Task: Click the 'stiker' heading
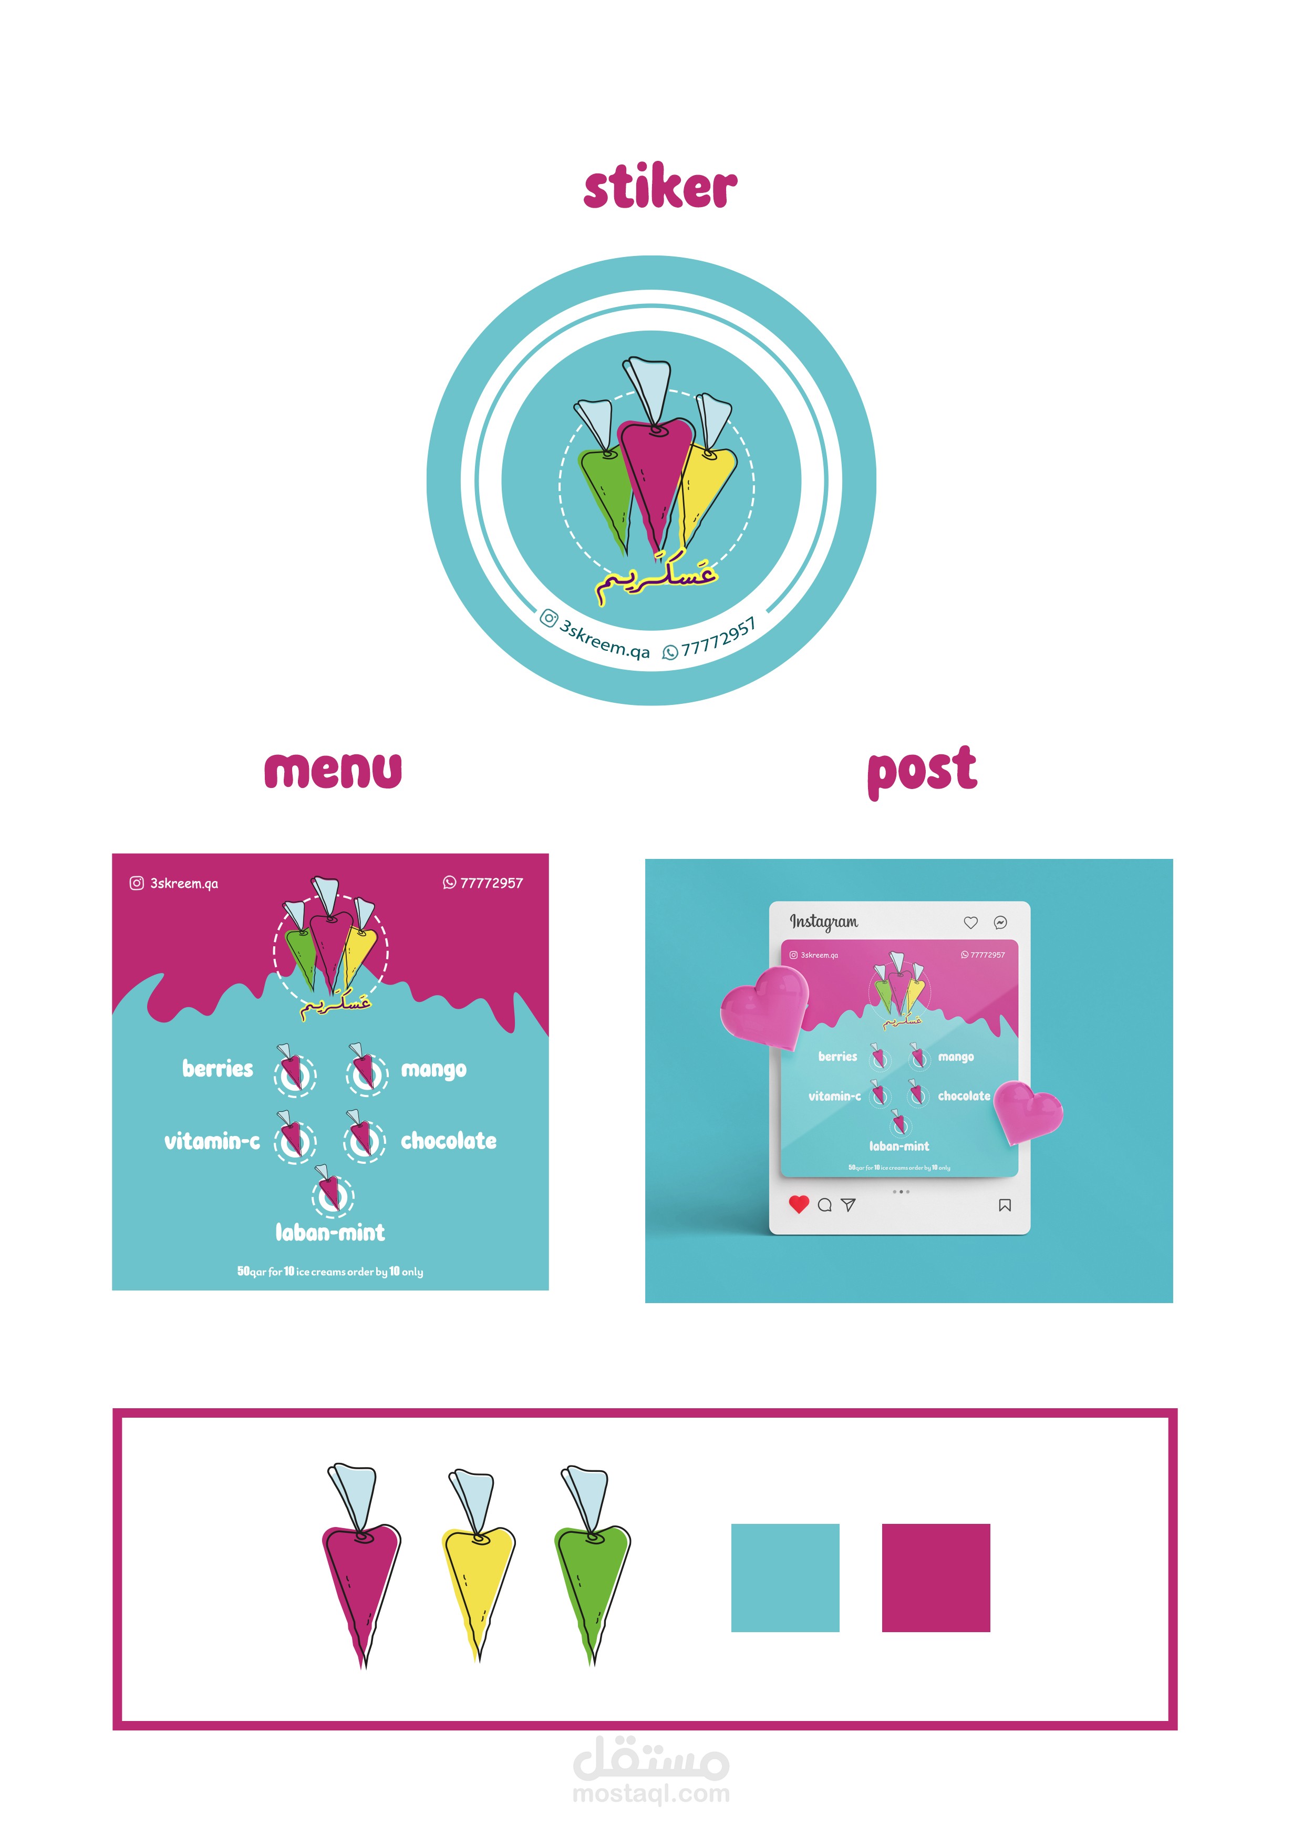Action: [659, 188]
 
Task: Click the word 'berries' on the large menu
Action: [218, 1069]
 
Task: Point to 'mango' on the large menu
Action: [433, 1070]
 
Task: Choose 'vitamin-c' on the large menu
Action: [212, 1141]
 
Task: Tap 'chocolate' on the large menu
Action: [448, 1141]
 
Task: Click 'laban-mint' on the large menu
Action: [330, 1233]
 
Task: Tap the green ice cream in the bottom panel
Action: [593, 1574]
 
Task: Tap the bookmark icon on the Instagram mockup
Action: [1005, 1205]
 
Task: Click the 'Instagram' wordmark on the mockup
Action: [824, 922]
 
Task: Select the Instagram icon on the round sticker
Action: [549, 618]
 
